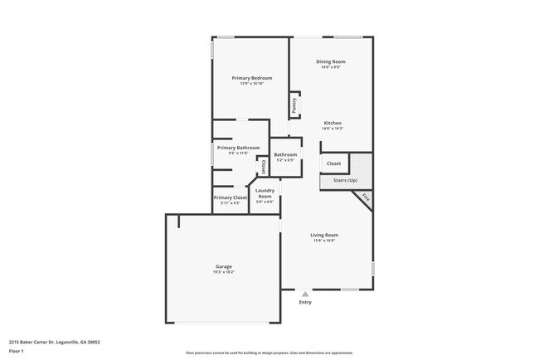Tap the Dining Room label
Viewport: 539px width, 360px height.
click(331, 62)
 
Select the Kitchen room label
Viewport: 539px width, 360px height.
click(333, 123)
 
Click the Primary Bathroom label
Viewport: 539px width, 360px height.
click(233, 148)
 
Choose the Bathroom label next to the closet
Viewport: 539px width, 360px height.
click(285, 154)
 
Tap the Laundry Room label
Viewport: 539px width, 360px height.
click(265, 193)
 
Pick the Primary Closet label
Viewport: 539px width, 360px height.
click(230, 197)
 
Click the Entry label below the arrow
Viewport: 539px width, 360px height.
click(306, 302)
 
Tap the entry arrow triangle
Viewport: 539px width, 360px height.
click(306, 294)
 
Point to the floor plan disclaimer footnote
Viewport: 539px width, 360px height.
click(269, 353)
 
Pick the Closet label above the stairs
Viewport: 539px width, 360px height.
click(333, 163)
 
